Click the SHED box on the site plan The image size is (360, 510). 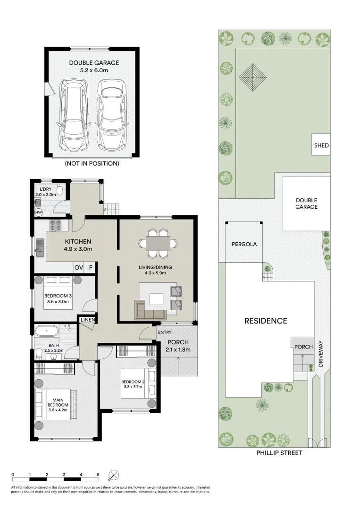pyautogui.click(x=321, y=145)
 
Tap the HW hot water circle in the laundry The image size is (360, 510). pyautogui.click(x=39, y=213)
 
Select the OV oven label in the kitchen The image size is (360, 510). pyautogui.click(x=79, y=268)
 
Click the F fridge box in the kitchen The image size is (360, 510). pyautogui.click(x=91, y=268)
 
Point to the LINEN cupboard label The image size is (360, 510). pyautogui.click(x=88, y=320)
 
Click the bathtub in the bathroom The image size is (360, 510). pyautogui.click(x=46, y=331)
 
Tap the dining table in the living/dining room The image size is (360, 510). pyautogui.click(x=159, y=243)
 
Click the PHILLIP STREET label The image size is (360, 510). pyautogui.click(x=279, y=453)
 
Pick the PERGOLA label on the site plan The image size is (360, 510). pyautogui.click(x=244, y=244)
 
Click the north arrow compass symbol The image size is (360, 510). pyautogui.click(x=114, y=475)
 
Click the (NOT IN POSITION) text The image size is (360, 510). pyautogui.click(x=92, y=164)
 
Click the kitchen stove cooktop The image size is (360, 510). pyautogui.click(x=57, y=226)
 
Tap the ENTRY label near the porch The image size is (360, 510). pyautogui.click(x=164, y=332)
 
